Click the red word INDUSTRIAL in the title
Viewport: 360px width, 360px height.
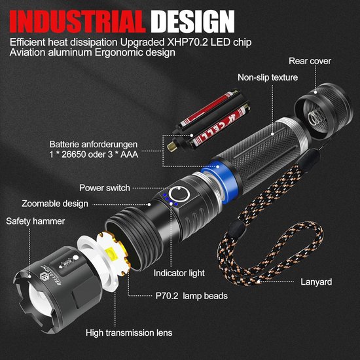click(78, 22)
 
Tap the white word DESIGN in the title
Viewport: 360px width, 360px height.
click(193, 22)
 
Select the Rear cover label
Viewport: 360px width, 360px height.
click(310, 61)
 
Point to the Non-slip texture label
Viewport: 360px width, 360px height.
click(268, 78)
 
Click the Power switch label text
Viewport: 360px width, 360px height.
click(105, 188)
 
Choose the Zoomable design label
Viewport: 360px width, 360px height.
click(55, 204)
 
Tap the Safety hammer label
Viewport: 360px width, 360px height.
click(35, 221)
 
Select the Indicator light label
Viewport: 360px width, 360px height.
click(179, 273)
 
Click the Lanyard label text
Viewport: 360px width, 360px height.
click(316, 282)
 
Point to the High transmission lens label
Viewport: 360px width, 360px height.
click(129, 333)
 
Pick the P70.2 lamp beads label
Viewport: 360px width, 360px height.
click(192, 296)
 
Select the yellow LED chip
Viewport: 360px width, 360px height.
click(113, 255)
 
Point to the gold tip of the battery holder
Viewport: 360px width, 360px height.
click(172, 146)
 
